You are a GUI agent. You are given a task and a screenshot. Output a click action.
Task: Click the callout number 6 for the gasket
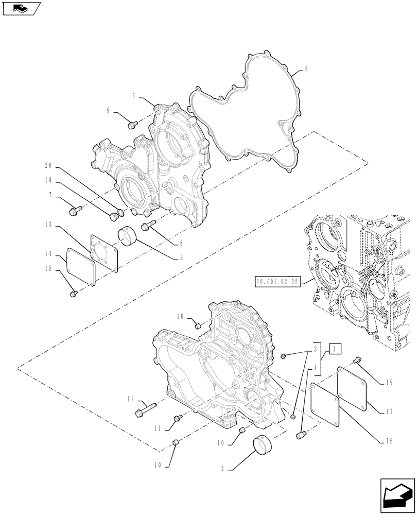pos(306,68)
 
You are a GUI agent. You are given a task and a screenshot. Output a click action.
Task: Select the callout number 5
pos(134,96)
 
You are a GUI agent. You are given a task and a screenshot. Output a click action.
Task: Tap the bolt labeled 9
pos(131,124)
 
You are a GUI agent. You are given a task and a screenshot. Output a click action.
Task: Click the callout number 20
pos(49,166)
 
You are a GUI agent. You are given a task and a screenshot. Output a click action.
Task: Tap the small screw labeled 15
pos(73,294)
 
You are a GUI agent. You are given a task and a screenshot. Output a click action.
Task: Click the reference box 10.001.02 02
pos(277,281)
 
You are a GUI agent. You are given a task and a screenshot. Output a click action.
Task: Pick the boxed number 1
pos(335,349)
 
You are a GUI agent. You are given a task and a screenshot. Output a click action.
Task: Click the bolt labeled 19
pos(357,360)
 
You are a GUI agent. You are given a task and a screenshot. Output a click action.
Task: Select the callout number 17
pos(389,411)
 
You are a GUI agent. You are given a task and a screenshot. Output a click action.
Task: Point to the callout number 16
pos(389,441)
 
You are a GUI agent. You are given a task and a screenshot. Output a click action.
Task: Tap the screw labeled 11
pos(178,418)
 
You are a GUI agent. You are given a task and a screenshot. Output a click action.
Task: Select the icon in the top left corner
pos(21,9)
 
